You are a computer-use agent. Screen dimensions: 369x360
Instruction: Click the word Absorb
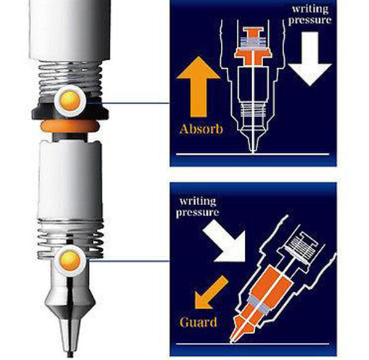[x=201, y=130]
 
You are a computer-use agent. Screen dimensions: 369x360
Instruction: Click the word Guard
[x=199, y=322]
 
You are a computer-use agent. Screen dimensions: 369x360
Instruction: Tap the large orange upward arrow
[x=199, y=87]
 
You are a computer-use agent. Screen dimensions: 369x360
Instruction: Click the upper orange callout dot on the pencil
[x=70, y=101]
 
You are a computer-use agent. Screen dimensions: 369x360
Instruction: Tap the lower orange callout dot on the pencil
[x=70, y=260]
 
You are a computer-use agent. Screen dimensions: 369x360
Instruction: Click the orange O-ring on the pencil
[x=69, y=127]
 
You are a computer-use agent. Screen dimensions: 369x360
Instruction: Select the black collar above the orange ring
[x=70, y=111]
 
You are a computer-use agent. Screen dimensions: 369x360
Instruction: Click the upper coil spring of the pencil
[x=70, y=79]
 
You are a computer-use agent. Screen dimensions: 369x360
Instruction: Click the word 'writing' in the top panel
[x=310, y=9]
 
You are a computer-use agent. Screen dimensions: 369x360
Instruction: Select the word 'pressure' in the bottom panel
[x=197, y=212]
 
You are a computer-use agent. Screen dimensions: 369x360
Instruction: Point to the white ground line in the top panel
[x=253, y=154]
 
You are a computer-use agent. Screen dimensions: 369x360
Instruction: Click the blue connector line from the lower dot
[x=128, y=260]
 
